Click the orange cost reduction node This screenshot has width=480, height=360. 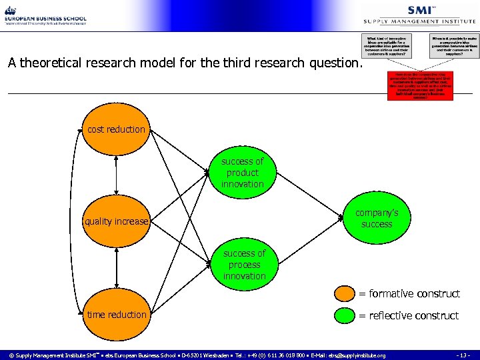(116, 129)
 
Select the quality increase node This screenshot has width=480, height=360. (116, 221)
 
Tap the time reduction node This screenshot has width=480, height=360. (116, 314)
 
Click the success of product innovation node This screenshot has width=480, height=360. (243, 173)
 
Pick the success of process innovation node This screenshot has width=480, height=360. (244, 265)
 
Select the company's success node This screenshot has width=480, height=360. (377, 219)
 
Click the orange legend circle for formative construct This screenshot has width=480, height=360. (345, 293)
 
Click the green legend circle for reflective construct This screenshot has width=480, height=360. (345, 315)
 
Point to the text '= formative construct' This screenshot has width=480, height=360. (409, 293)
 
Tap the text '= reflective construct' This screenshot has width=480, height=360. (409, 315)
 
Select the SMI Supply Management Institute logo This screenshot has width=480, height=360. (420, 14)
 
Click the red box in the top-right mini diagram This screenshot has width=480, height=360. (420, 86)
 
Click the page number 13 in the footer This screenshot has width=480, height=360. (465, 355)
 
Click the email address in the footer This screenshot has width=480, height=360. (357, 355)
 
